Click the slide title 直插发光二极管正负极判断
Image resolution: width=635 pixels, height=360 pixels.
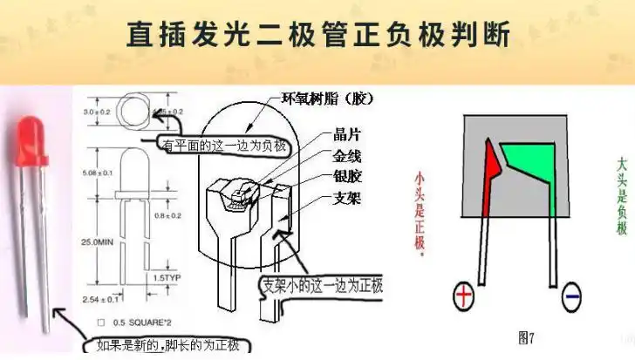317,34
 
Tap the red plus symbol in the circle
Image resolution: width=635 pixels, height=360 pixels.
463,298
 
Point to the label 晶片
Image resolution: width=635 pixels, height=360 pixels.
347,135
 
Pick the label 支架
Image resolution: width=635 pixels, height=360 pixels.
347,198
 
